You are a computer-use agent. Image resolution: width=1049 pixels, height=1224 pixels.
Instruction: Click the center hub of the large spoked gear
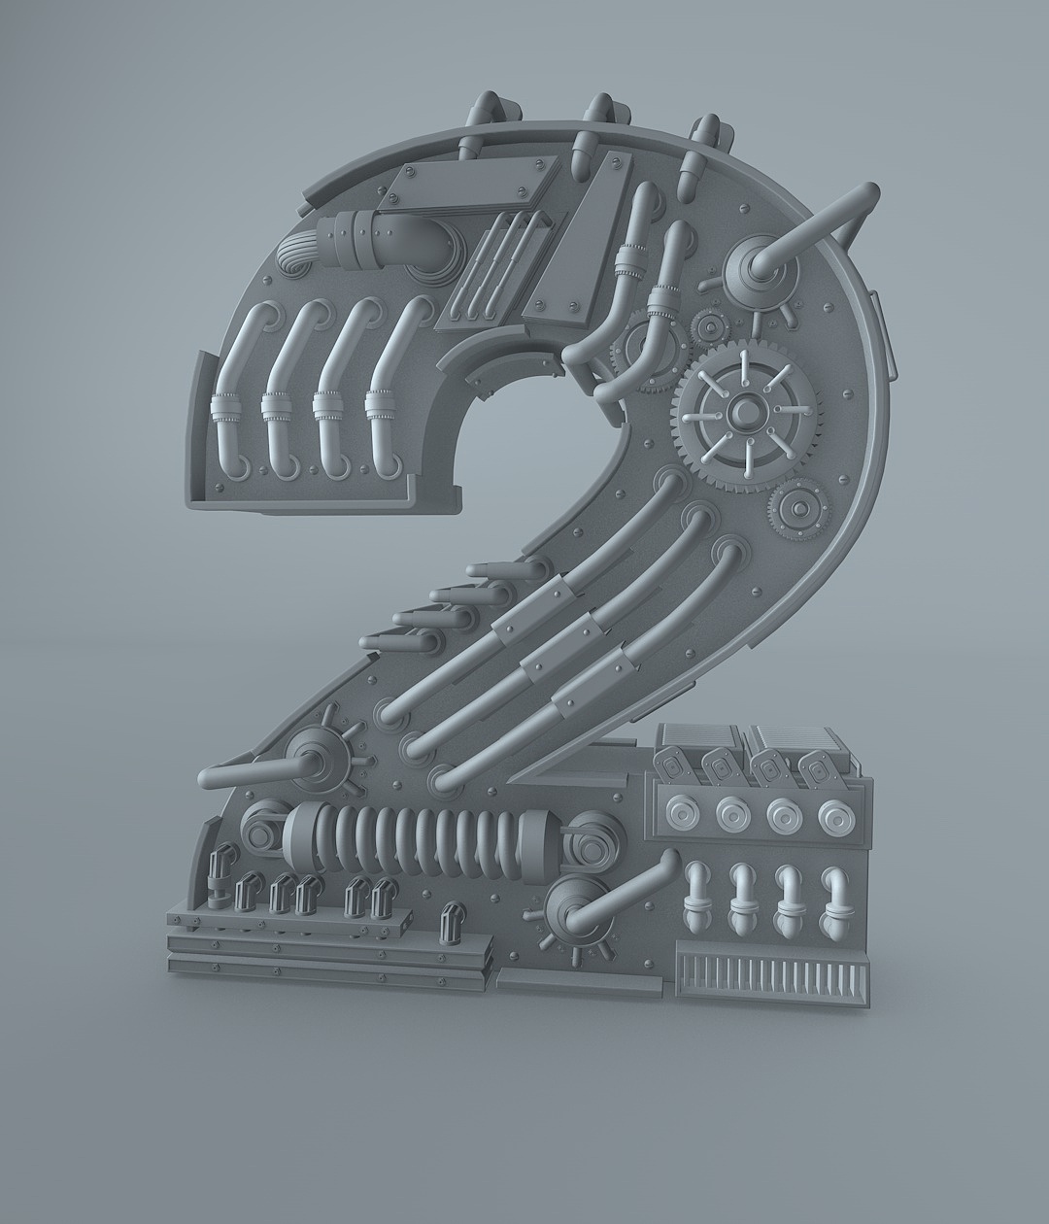point(747,414)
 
